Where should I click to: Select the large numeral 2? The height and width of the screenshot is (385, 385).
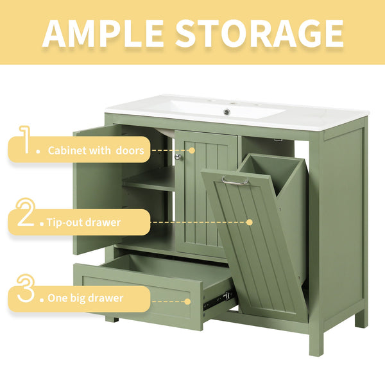coord(26,215)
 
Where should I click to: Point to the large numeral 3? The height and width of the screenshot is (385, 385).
coord(25,290)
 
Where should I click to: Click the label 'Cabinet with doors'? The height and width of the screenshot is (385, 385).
coord(99,151)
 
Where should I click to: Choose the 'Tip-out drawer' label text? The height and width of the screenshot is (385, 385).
coord(83,223)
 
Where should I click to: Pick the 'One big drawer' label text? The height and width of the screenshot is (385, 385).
coord(85,298)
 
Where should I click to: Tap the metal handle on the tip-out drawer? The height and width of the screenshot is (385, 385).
coord(235,182)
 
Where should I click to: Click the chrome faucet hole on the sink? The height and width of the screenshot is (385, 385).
coord(226,112)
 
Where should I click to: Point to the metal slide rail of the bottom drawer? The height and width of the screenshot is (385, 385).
coord(217,298)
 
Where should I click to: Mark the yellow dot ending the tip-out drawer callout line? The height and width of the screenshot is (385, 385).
coord(250,223)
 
